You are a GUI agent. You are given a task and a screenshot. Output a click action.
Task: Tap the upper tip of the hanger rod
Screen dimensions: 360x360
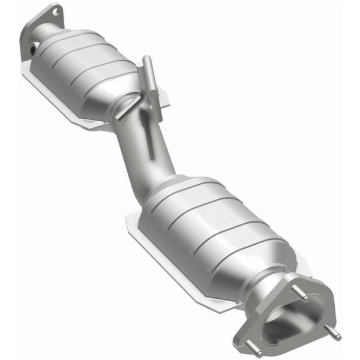point(145,60)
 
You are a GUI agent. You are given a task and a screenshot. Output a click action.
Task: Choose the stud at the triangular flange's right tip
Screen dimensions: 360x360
point(337,337)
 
